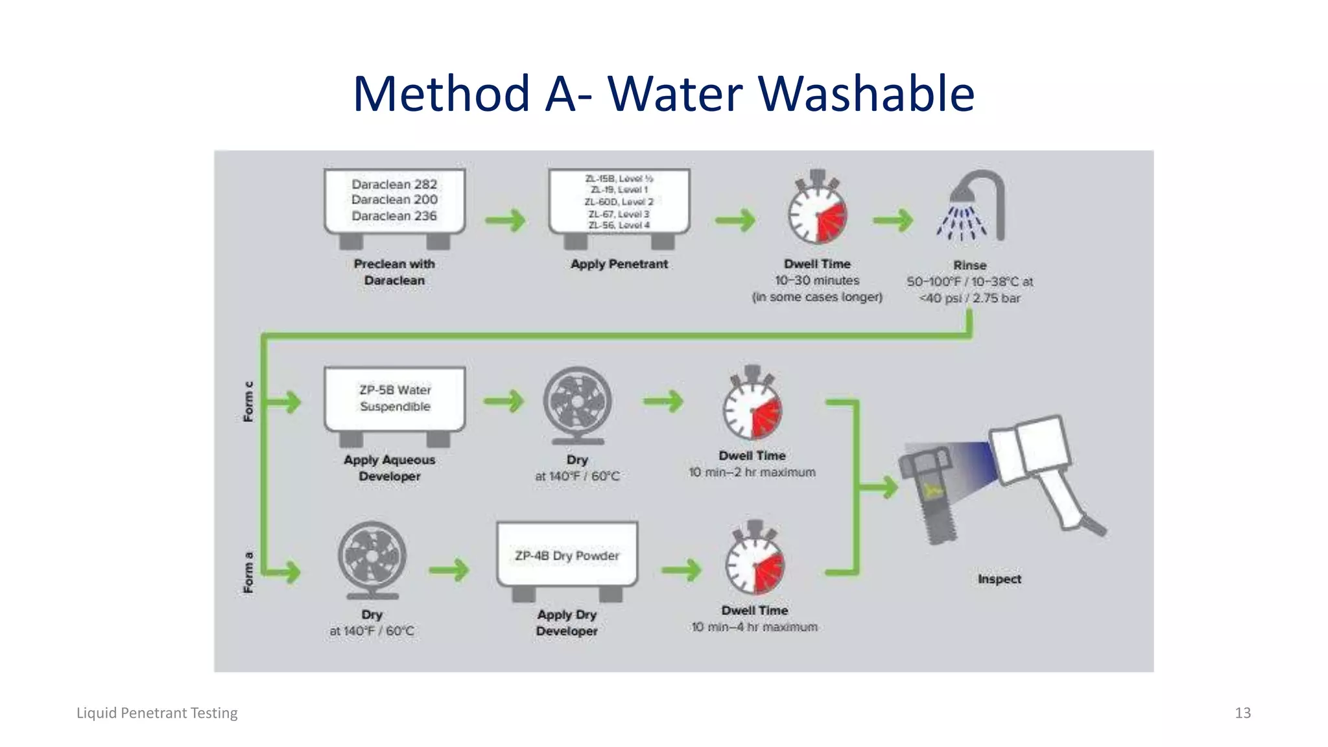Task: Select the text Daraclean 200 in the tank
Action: tap(394, 200)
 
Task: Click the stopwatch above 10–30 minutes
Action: tap(817, 213)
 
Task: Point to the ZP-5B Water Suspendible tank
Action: tap(394, 399)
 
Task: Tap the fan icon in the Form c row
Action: tap(577, 403)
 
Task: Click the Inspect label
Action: tap(999, 579)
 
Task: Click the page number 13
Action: tap(1242, 713)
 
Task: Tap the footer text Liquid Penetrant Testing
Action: tap(157, 713)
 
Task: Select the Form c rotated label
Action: tap(248, 402)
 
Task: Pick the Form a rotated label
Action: tap(248, 573)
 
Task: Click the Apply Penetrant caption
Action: tap(619, 264)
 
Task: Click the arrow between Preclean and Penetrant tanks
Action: tap(505, 220)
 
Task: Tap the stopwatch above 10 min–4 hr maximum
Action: tap(754, 562)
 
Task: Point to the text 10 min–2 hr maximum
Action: tap(752, 473)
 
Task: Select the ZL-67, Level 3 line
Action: tap(619, 214)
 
